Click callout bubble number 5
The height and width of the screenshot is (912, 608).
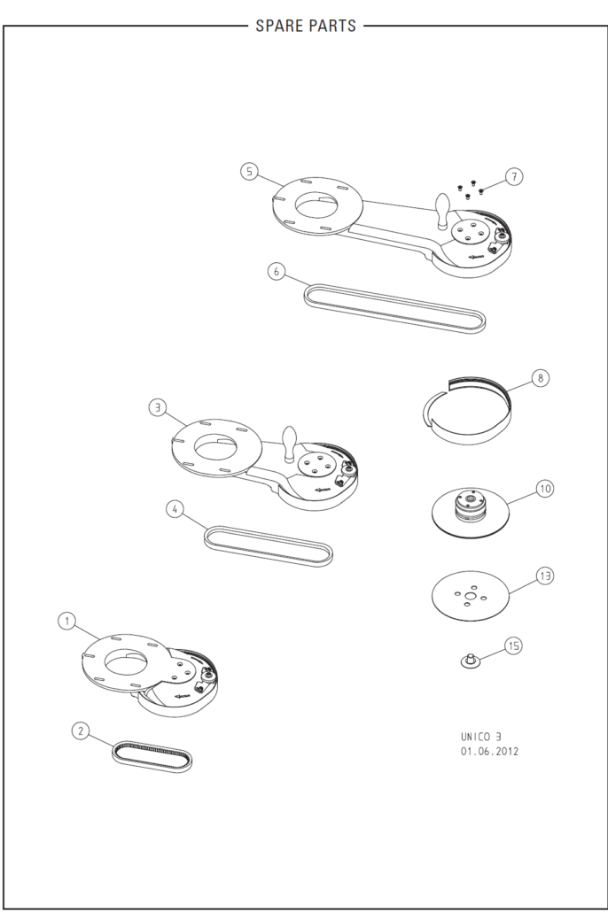(249, 172)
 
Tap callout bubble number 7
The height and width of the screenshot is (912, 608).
(514, 176)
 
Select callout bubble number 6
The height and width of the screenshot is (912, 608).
(277, 272)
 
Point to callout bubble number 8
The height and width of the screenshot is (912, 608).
(541, 378)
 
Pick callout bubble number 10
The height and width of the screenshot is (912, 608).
(545, 489)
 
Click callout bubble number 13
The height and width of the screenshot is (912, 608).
(545, 576)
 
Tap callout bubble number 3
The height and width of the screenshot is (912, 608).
(157, 407)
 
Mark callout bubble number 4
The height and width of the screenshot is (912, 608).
(175, 509)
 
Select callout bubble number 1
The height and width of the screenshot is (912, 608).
(67, 622)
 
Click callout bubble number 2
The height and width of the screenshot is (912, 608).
(81, 730)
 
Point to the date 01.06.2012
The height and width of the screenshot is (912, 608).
(490, 752)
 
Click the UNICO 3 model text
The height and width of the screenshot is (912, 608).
(481, 737)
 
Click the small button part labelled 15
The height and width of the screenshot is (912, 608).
(471, 661)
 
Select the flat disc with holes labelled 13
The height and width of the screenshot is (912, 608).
(471, 596)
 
